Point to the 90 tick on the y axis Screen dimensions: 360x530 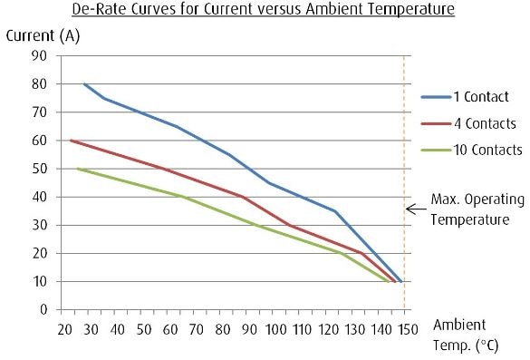[41, 56]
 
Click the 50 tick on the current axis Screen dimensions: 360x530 [41, 169]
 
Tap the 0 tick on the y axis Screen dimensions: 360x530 [43, 309]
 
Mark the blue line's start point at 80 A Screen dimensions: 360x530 [84, 84]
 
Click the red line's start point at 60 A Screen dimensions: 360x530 [71, 141]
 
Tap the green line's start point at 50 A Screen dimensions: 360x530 [78, 169]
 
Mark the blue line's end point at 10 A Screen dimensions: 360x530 [400, 281]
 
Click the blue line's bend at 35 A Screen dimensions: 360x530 [334, 211]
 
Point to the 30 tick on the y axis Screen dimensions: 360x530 [41, 225]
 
